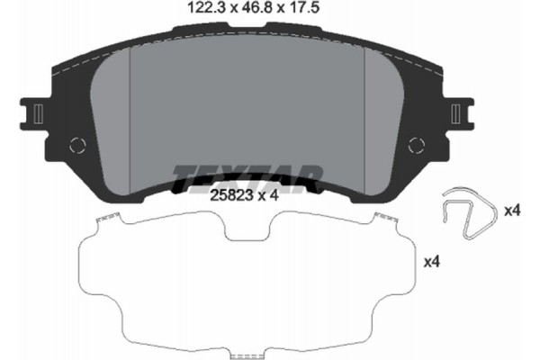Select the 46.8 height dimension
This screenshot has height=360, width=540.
click(237, 12)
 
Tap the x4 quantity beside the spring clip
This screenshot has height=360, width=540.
click(512, 211)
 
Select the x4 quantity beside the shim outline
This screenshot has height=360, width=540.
click(433, 262)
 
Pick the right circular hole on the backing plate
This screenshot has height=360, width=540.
click(416, 144)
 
